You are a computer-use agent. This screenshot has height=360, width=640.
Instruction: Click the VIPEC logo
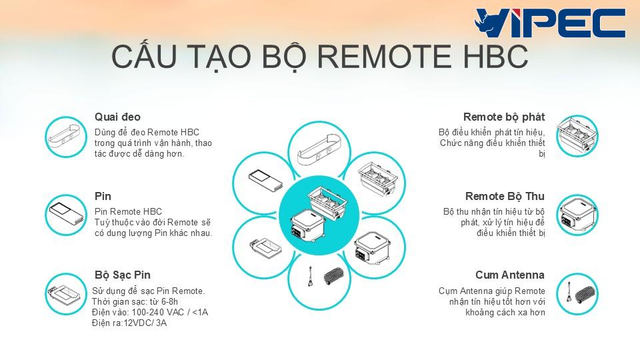tap(550, 23)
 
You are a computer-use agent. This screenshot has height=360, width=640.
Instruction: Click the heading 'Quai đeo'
tap(117, 117)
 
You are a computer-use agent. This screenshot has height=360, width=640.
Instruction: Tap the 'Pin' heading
tap(103, 196)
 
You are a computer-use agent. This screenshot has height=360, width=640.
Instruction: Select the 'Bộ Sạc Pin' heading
tap(123, 275)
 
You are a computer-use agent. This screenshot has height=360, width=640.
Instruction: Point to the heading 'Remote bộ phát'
tap(504, 117)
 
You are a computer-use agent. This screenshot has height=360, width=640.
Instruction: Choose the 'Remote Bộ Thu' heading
tap(505, 196)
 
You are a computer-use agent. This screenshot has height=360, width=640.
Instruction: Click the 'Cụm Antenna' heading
tap(510, 275)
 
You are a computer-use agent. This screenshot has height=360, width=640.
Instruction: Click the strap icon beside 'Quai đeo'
tap(66, 137)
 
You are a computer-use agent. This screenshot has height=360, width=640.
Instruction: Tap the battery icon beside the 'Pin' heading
tap(66, 215)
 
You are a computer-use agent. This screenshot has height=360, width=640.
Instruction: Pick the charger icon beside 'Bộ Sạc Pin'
tap(66, 294)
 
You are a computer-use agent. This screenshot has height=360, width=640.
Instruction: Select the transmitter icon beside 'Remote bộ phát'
tap(577, 136)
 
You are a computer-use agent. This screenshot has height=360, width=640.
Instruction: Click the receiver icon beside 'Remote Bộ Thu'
tap(577, 215)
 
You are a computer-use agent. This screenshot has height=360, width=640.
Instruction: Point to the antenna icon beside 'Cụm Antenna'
tap(577, 294)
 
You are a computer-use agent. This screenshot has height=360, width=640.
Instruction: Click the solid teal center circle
tap(319, 215)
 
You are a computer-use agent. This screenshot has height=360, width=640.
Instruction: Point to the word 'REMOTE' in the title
tap(384, 56)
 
